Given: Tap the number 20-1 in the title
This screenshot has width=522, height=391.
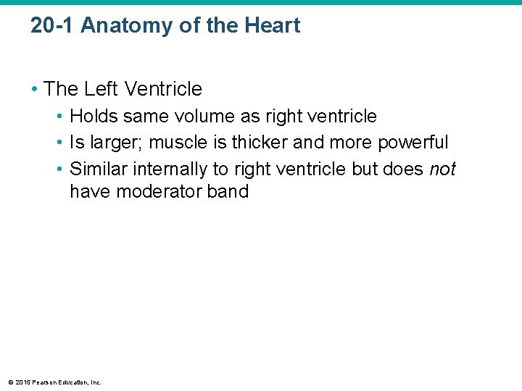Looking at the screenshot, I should pyautogui.click(x=53, y=26).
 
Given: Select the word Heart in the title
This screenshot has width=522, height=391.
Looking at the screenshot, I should pyautogui.click(x=273, y=26).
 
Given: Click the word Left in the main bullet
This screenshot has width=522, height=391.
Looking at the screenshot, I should pyautogui.click(x=101, y=89).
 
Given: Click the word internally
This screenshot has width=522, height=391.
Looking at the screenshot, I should pyautogui.click(x=159, y=168).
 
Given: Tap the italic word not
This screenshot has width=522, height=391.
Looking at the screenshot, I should pyautogui.click(x=442, y=168).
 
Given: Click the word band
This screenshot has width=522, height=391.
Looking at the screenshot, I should pyautogui.click(x=228, y=192).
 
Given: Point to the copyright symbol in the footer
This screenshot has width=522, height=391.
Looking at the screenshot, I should pyautogui.click(x=10, y=382).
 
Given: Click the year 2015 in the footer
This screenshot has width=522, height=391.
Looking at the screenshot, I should pyautogui.click(x=22, y=382).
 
